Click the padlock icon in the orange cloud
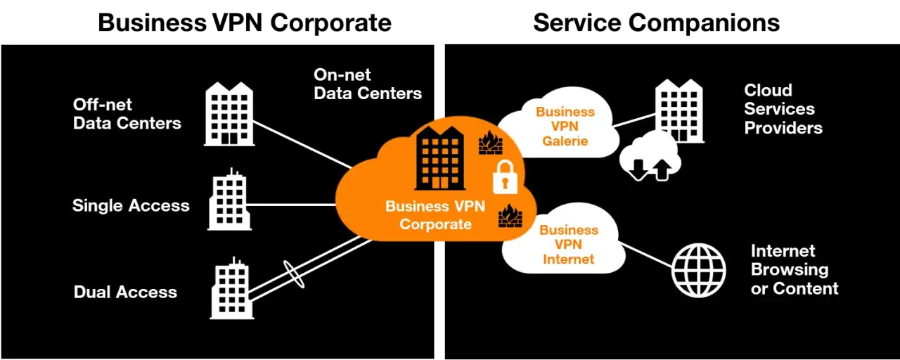(505, 176)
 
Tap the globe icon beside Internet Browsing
(698, 271)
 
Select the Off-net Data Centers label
(127, 114)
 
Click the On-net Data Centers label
(368, 84)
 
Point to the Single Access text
(131, 206)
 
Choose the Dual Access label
(125, 292)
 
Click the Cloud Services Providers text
(783, 109)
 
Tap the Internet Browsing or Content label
(795, 270)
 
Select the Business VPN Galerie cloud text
(565, 127)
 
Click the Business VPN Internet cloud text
(568, 245)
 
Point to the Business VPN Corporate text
(435, 216)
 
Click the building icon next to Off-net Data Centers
(229, 114)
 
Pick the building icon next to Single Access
(230, 200)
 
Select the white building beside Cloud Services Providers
(679, 110)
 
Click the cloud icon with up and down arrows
(649, 157)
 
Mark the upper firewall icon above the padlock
(490, 143)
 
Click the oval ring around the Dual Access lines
(294, 274)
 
